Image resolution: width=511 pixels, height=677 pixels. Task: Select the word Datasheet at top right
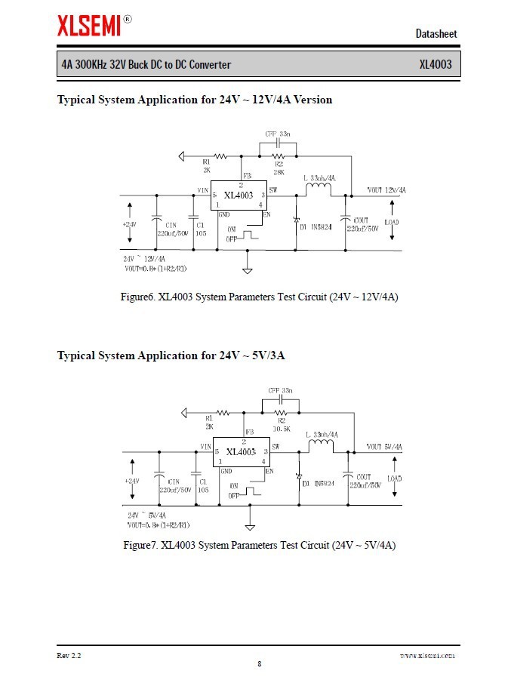[436, 33]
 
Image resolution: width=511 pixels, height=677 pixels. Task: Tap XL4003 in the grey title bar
[436, 64]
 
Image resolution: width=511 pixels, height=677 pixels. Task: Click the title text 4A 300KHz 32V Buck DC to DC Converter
[146, 64]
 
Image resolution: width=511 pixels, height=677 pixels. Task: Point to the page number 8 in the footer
[259, 663]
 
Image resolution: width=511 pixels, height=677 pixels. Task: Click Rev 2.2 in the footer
[69, 655]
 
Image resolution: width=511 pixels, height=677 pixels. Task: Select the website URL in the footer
[427, 656]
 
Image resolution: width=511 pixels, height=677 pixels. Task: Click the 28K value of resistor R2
[279, 171]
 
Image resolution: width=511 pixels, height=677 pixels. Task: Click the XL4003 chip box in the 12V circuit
[239, 195]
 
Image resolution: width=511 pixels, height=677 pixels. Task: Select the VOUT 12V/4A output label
[386, 190]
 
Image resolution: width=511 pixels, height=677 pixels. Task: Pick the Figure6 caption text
[260, 297]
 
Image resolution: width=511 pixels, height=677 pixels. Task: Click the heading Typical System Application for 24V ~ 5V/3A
[171, 355]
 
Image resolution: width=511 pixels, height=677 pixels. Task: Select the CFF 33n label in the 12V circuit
[277, 134]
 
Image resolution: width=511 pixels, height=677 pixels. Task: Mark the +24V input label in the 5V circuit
[131, 481]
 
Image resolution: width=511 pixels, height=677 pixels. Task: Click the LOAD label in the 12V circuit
[392, 222]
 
